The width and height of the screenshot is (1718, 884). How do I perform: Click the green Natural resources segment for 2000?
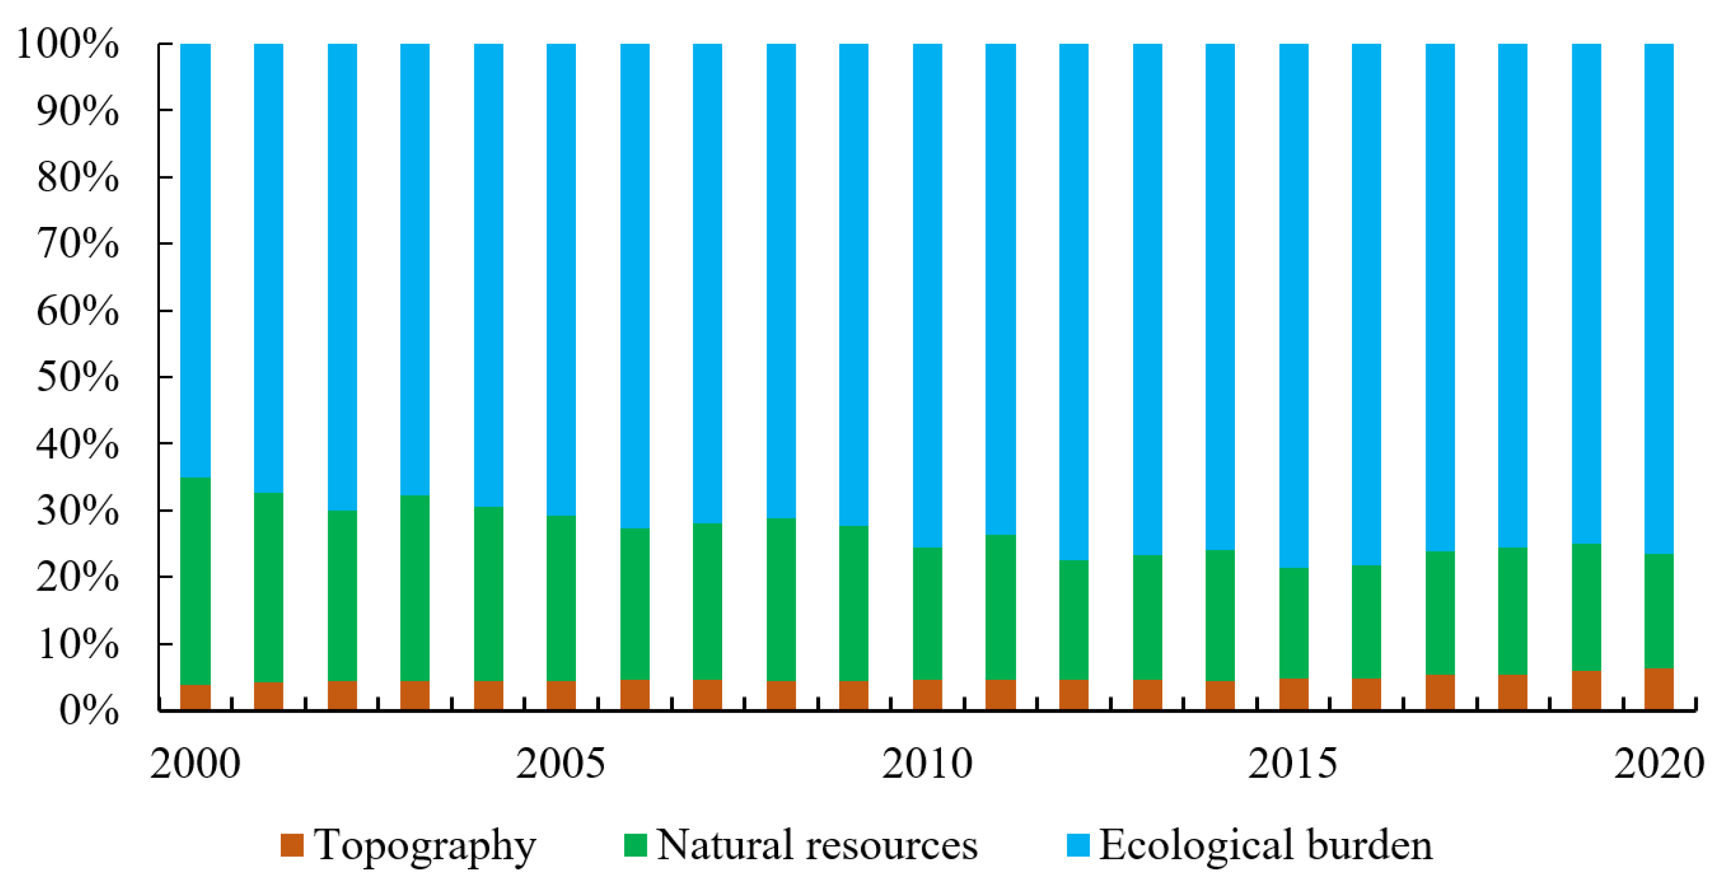196,580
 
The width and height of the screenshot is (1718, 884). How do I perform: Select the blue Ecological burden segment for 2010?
927,293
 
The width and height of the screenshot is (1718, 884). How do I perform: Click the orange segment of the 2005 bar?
561,694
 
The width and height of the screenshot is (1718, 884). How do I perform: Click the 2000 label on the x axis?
196,764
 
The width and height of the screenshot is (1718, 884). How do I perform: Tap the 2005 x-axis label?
561,764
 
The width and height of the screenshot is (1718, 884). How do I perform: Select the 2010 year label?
927,764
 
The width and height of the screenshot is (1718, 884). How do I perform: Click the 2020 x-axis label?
1659,764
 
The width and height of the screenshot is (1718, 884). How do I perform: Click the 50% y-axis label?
77,377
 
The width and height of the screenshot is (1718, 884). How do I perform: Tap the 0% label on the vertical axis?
88,711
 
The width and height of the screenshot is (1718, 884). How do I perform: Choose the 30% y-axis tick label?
77,512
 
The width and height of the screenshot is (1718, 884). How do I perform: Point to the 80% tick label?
77,178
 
